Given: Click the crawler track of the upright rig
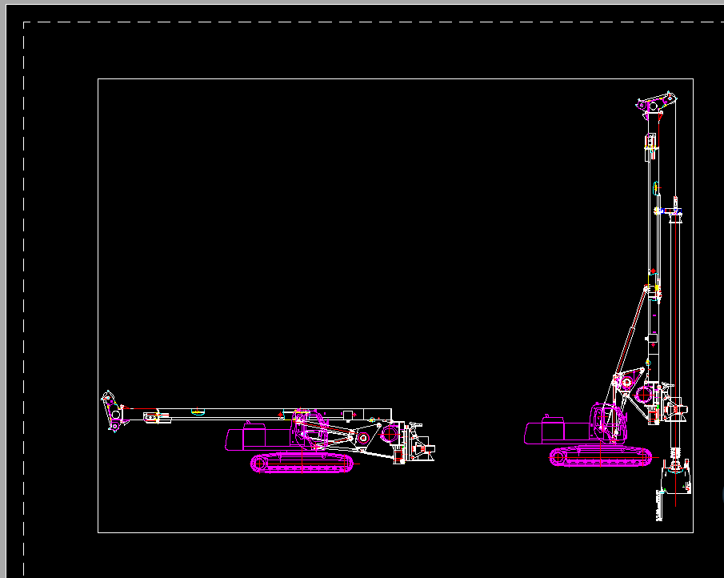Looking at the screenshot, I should click(x=600, y=456).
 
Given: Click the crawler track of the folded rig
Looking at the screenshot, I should click(x=302, y=464).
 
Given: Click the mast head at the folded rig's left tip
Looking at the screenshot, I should click(x=112, y=410).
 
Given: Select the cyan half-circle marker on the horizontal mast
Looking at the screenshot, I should click(x=198, y=412).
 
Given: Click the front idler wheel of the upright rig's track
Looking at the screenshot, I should click(x=641, y=456).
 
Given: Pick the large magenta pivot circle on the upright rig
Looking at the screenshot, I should click(x=644, y=395).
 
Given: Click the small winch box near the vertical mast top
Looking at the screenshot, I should click(x=650, y=142).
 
